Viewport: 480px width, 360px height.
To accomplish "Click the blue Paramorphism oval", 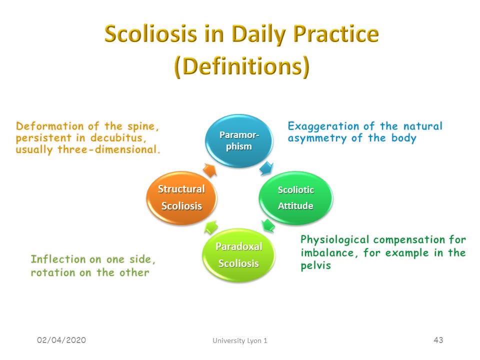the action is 239,141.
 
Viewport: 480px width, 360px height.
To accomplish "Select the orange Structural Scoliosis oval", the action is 181,198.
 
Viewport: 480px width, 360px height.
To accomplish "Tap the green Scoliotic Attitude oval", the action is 295,198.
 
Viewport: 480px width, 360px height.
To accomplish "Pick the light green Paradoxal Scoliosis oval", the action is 239,254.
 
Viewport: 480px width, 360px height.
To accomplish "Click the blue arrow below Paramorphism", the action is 266,168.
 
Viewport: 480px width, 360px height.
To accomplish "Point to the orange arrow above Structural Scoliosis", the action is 210,170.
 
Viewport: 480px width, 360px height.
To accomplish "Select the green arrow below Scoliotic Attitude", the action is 268,225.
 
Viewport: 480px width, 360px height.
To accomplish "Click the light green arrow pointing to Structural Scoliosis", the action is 211,227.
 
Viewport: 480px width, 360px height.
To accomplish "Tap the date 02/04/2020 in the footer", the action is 61,340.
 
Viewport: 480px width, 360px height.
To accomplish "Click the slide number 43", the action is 438,340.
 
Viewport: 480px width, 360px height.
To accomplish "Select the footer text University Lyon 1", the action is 240,340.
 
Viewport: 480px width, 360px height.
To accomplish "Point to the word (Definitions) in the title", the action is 242,66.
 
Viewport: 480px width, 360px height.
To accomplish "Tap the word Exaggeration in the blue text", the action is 323,126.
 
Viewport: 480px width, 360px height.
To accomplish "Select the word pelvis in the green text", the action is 316,265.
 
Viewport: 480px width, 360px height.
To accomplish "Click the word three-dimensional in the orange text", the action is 109,149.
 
